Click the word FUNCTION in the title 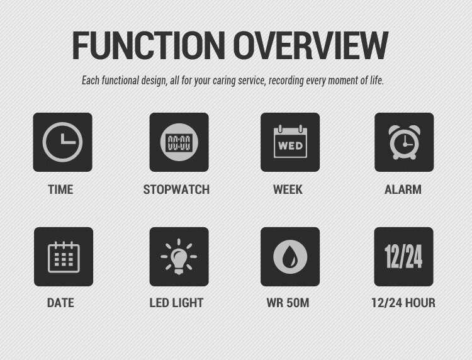click(149, 45)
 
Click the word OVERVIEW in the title click(311, 45)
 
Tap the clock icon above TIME click(62, 142)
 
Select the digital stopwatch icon click(179, 142)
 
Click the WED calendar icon click(290, 142)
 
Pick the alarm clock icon click(404, 142)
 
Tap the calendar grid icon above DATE click(64, 256)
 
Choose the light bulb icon click(179, 256)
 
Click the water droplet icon click(290, 256)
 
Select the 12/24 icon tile click(403, 256)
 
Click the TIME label click(60, 189)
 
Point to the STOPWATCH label click(176, 189)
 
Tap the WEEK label click(288, 189)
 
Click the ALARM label click(403, 189)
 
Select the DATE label click(60, 303)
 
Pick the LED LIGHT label click(176, 303)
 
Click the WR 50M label click(288, 303)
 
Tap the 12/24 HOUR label click(403, 303)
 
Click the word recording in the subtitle click(286, 81)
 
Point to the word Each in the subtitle click(91, 81)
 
